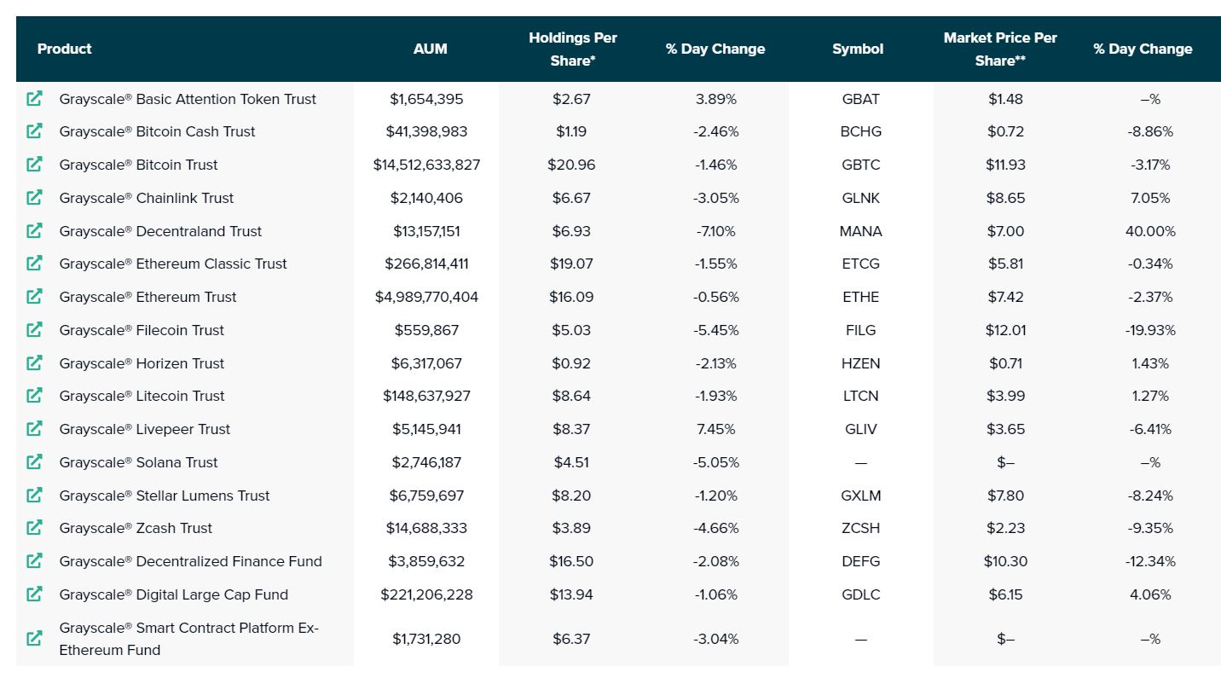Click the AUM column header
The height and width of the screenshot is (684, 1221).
430,49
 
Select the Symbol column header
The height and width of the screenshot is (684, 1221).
858,49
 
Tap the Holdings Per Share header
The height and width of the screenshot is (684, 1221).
572,49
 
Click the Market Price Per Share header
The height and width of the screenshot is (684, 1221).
1000,49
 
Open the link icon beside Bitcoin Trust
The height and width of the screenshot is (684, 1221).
34,164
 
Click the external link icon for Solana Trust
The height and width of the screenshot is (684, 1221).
34,461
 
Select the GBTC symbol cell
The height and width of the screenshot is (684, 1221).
860,165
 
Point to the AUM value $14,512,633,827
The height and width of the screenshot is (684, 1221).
426,165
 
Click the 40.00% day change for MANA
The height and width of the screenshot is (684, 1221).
1150,231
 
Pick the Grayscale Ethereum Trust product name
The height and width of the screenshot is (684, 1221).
148,297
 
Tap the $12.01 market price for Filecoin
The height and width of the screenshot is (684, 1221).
1005,330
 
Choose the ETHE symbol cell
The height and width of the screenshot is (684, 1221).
860,297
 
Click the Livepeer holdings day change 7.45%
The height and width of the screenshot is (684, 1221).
715,430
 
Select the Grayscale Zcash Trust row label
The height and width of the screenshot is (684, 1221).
136,528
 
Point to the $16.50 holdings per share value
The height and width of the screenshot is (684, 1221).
571,561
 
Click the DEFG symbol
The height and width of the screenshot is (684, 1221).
860,561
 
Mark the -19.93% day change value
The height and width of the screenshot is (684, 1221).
1150,330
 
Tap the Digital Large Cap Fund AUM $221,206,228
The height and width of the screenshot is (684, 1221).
426,594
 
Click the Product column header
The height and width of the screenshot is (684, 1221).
64,49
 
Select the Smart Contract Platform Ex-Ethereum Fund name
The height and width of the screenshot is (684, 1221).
188,639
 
